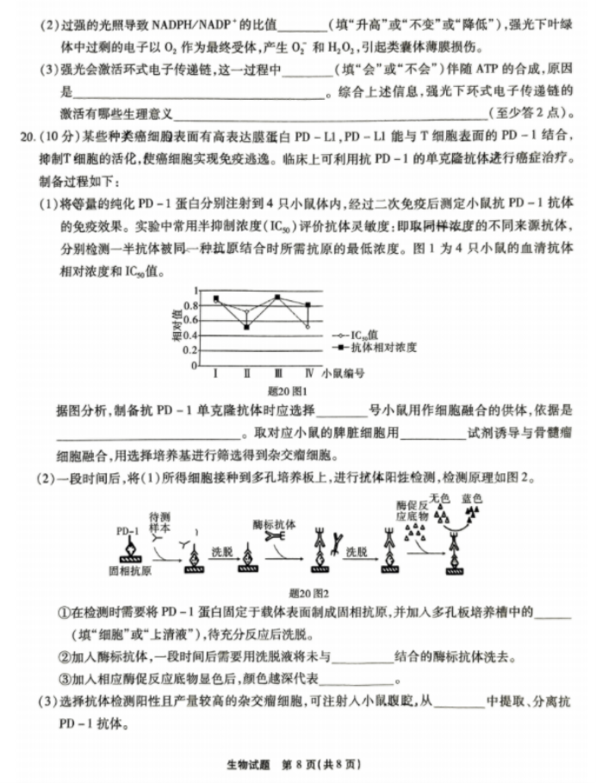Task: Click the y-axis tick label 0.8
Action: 193,305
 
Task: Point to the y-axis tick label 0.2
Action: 193,349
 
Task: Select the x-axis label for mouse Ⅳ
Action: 308,374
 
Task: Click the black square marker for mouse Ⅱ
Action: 246,327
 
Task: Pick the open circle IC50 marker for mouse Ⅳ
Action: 307,327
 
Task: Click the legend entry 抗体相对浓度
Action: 376,347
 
